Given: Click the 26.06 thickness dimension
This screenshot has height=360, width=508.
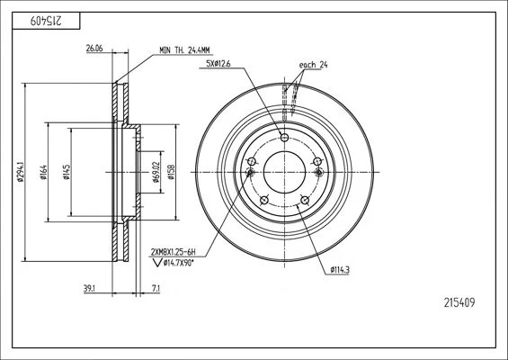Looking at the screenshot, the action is pyautogui.click(x=94, y=49).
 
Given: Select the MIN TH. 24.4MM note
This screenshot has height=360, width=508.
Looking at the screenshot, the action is pyautogui.click(x=184, y=50).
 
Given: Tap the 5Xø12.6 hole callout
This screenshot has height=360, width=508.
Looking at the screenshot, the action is pyautogui.click(x=218, y=64).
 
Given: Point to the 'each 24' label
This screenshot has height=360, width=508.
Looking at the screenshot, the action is pyautogui.click(x=313, y=65).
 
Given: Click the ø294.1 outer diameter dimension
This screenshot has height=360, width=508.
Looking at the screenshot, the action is pyautogui.click(x=21, y=172).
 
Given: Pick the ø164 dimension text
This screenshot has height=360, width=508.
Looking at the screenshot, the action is pyautogui.click(x=43, y=172).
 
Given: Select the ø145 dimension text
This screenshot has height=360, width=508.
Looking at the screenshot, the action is pyautogui.click(x=67, y=172).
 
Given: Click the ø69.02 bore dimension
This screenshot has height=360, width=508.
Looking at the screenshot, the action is pyautogui.click(x=156, y=172).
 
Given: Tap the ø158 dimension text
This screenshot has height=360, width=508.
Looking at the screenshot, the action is pyautogui.click(x=171, y=172).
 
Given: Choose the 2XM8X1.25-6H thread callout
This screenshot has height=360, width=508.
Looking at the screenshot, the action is pyautogui.click(x=174, y=252).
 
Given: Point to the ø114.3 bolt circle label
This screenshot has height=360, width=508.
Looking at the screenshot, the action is pyautogui.click(x=340, y=269).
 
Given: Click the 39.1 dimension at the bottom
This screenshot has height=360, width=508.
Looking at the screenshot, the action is pyautogui.click(x=89, y=289).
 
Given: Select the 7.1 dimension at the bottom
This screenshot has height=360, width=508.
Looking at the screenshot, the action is pyautogui.click(x=156, y=289).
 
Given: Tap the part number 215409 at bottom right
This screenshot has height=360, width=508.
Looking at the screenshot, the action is pyautogui.click(x=459, y=303).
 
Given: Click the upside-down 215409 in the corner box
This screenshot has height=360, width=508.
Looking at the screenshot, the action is pyautogui.click(x=46, y=21).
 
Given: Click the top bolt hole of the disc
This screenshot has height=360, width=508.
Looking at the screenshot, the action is pyautogui.click(x=284, y=137).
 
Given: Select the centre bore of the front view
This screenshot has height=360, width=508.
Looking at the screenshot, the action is pyautogui.click(x=284, y=172).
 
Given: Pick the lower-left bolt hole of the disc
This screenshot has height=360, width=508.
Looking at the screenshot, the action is pyautogui.click(x=264, y=201).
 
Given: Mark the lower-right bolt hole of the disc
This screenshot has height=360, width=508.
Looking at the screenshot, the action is pyautogui.click(x=305, y=201).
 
